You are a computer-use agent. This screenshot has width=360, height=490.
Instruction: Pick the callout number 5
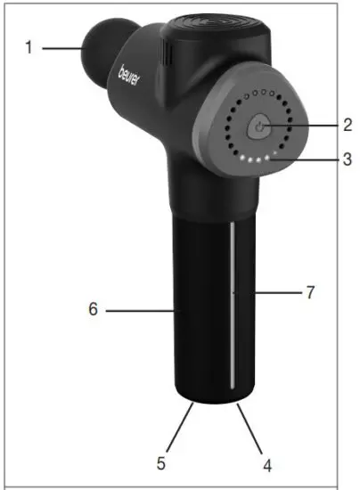coord(161,463)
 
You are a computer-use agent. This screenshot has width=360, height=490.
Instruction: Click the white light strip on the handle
coord(231,303)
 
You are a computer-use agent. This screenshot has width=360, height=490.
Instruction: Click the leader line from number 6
coord(138,311)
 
